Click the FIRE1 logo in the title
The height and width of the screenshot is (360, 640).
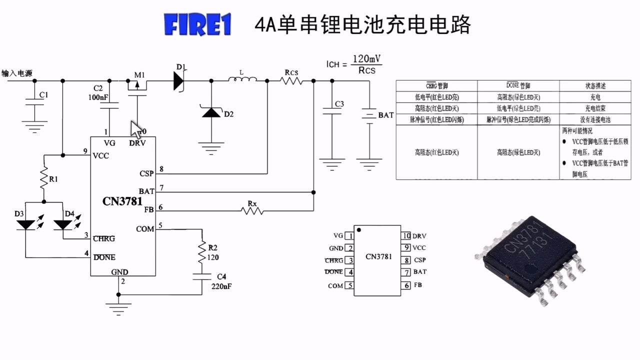click(x=197, y=25)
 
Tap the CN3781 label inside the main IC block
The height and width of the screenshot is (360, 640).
click(x=122, y=201)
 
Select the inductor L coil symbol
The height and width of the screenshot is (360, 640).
click(x=242, y=79)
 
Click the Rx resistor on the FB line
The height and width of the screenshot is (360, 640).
click(x=252, y=210)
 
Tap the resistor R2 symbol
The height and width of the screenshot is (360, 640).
click(x=202, y=252)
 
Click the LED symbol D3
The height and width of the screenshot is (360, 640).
click(x=25, y=224)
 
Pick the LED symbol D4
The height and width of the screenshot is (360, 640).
click(x=63, y=224)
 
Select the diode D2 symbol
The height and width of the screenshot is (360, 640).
click(x=210, y=112)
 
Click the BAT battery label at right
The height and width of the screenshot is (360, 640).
click(x=385, y=115)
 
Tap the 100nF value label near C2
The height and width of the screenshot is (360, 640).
click(x=98, y=97)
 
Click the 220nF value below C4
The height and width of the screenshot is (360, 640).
click(x=221, y=286)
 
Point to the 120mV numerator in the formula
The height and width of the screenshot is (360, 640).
click(x=367, y=59)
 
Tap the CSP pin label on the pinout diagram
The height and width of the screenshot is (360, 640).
click(x=419, y=260)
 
